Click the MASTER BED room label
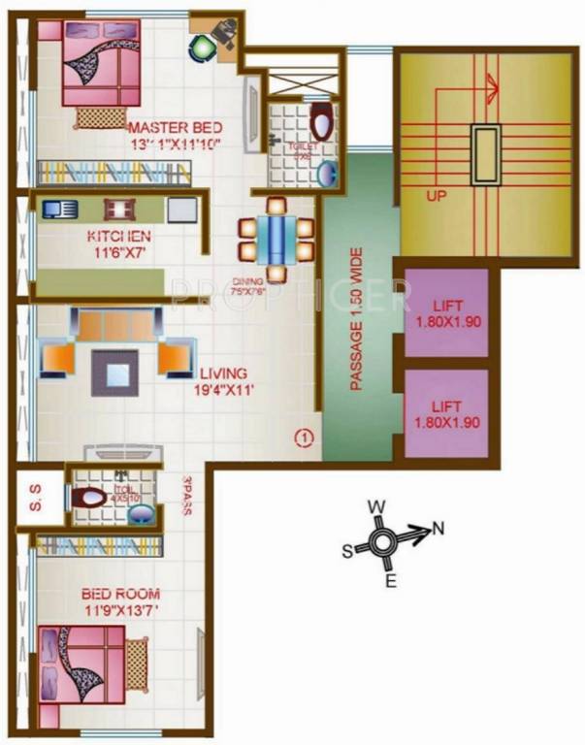pyautogui.click(x=176, y=128)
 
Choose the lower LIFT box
pyautogui.click(x=447, y=414)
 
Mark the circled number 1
pyautogui.click(x=305, y=437)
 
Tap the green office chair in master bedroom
pyautogui.click(x=200, y=46)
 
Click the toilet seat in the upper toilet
pyautogui.click(x=323, y=125)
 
